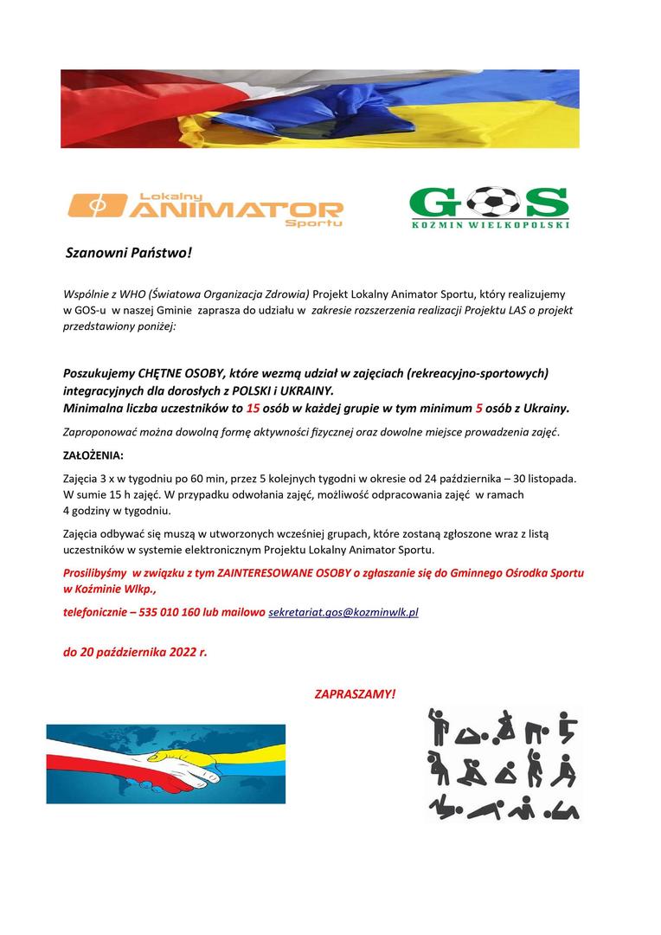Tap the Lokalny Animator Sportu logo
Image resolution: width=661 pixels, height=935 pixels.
pos(205,209)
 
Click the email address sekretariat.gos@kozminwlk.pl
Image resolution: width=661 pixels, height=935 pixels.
pos(343,612)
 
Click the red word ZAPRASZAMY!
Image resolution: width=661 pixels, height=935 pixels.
pos(356,694)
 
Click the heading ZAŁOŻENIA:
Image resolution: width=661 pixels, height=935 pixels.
pos(93,455)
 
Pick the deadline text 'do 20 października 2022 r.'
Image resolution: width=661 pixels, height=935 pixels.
pos(135,653)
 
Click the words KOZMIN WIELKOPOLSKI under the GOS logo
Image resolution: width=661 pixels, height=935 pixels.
pos(489,224)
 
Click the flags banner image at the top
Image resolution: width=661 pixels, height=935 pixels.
pos(319,109)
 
